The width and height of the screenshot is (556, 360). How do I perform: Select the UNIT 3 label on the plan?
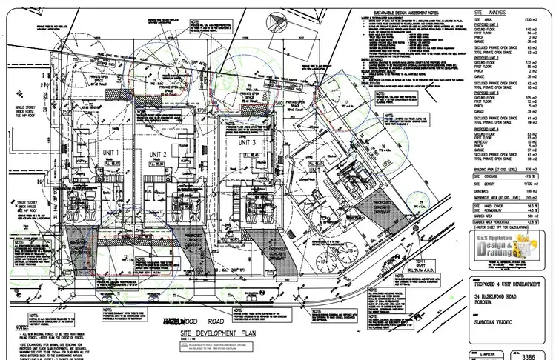click(x=248, y=142)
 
